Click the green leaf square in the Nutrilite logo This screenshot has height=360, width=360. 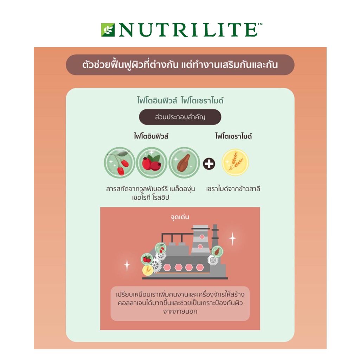(x=108, y=30)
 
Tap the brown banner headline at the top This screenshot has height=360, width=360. (x=180, y=65)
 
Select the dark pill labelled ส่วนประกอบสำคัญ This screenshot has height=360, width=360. (x=180, y=117)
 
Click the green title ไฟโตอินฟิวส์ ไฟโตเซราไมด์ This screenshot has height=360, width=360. (x=180, y=101)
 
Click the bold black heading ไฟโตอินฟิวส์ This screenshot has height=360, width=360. (x=151, y=136)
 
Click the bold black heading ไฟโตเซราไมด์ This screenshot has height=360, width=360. (x=233, y=136)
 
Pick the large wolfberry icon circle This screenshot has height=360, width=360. (x=120, y=162)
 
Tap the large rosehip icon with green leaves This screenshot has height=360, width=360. (x=152, y=162)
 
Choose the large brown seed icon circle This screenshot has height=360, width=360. (x=184, y=162)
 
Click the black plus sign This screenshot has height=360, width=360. (x=209, y=164)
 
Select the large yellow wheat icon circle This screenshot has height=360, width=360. (x=235, y=162)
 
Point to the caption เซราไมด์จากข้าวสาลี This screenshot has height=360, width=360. (x=233, y=189)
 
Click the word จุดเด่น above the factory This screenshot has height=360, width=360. (x=180, y=217)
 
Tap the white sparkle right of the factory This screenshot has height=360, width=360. (x=233, y=239)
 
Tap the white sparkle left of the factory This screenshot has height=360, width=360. (x=127, y=265)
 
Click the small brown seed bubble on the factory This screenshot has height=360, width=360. (x=217, y=251)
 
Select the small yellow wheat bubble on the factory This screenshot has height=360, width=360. (x=148, y=270)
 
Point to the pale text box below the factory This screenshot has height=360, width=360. (x=180, y=303)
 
